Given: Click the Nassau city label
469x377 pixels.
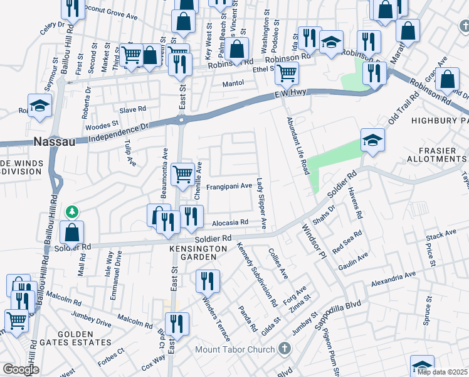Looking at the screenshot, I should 55,141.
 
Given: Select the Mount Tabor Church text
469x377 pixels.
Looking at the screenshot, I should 235,350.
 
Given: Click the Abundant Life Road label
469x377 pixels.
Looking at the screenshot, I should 298,145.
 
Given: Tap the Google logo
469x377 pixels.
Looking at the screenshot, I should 21,369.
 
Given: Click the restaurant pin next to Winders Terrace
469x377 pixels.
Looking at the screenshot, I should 208,280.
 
